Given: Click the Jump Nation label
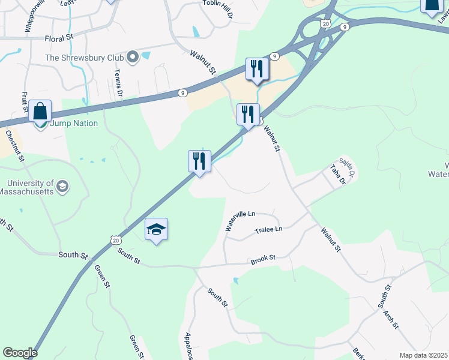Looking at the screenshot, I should [x=64, y=124].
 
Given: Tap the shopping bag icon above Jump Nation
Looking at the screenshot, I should [x=40, y=112].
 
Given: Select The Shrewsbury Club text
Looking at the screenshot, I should [x=84, y=58].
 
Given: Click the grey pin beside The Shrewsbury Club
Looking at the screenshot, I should [x=133, y=58].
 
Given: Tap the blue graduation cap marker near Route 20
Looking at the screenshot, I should [x=156, y=229].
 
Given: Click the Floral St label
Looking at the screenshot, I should [x=58, y=38].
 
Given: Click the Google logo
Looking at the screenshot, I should [x=19, y=352].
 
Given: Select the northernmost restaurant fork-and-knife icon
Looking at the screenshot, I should [x=257, y=69].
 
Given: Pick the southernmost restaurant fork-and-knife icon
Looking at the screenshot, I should [x=199, y=161].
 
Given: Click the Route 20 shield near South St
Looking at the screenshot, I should [x=115, y=239].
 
